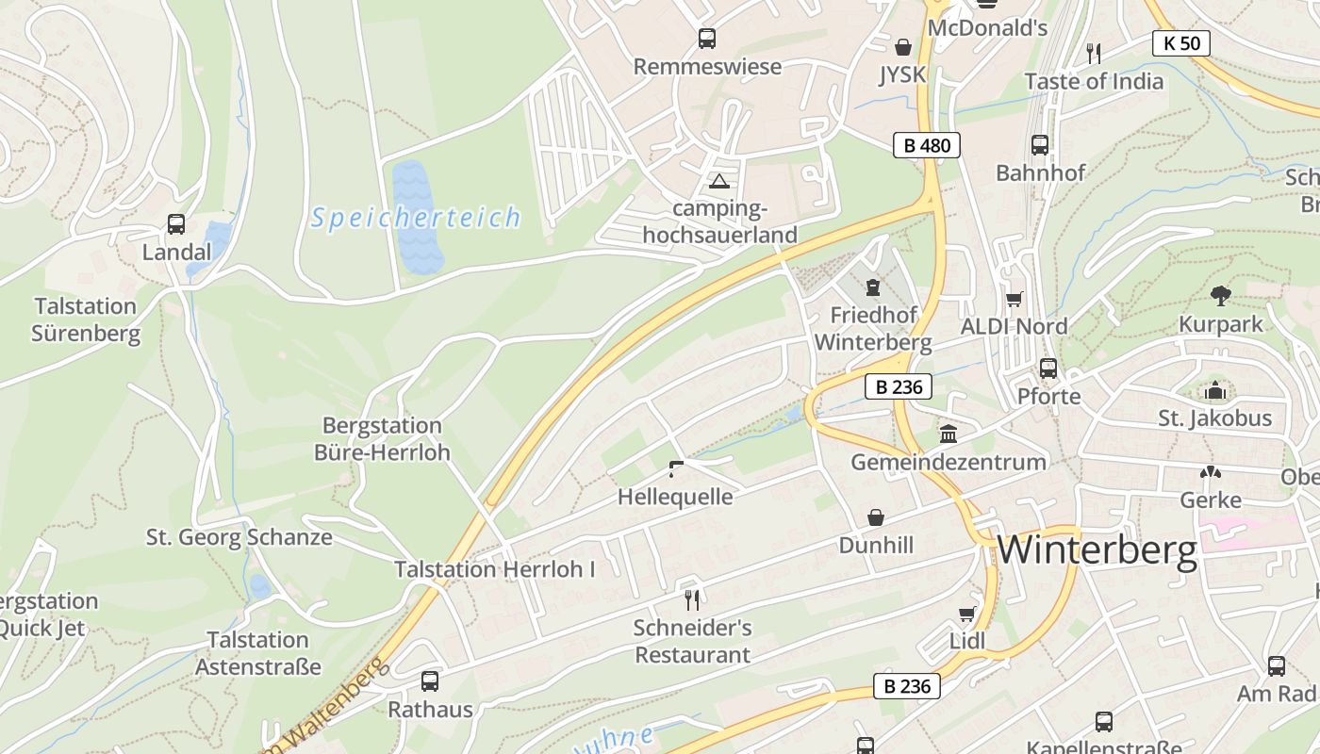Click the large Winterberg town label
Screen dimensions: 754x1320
[x=1097, y=549]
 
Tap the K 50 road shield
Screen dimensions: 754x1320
[x=1180, y=42]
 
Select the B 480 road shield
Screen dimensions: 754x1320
[x=926, y=145]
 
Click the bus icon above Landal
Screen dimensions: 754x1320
[x=176, y=224]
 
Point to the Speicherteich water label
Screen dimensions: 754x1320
[x=415, y=218]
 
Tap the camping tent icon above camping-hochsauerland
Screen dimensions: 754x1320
[x=719, y=181]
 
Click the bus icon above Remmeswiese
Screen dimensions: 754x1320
[x=706, y=39]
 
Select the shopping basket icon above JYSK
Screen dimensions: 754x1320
[x=902, y=47]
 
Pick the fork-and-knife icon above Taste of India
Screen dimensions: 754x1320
[x=1094, y=53]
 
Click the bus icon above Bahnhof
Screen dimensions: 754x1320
[x=1040, y=145]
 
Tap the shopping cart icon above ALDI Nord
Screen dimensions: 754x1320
[x=1014, y=300]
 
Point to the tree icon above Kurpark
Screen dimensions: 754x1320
[x=1220, y=296]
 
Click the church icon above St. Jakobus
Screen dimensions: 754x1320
[x=1215, y=390]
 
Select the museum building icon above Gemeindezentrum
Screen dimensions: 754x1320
[x=948, y=434]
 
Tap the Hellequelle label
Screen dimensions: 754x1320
[x=674, y=497]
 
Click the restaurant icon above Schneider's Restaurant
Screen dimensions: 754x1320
[x=691, y=599]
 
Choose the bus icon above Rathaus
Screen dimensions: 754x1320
[x=430, y=680]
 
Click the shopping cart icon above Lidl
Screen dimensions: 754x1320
[x=966, y=615]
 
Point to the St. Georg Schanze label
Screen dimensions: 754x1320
[x=239, y=537]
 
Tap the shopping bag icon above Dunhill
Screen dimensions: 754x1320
[x=876, y=517]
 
